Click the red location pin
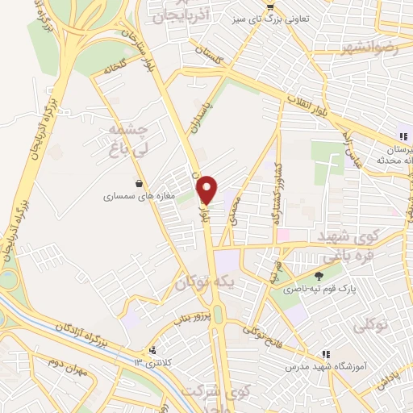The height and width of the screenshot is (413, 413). [x=207, y=189]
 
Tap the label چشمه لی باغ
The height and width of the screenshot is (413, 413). [x=124, y=139]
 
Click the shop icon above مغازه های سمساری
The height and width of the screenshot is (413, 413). [x=140, y=182]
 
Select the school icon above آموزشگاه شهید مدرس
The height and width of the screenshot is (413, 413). [x=326, y=353]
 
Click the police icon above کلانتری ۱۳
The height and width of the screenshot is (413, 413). [x=152, y=349]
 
